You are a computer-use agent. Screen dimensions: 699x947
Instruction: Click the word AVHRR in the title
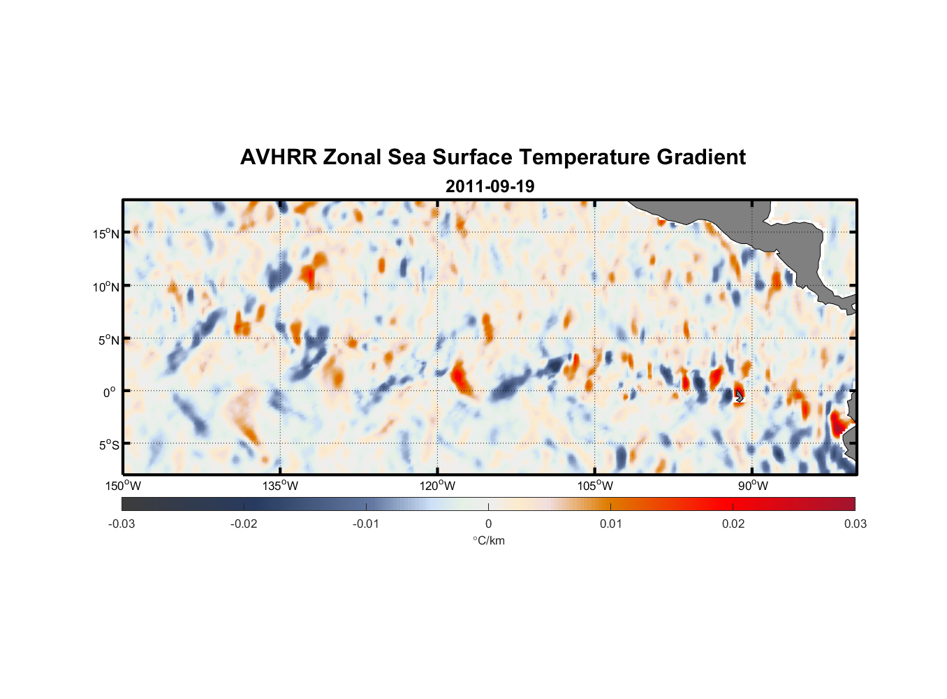click(x=278, y=157)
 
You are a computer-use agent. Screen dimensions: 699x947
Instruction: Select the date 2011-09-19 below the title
click(x=490, y=187)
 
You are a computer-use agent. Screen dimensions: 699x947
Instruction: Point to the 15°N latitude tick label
click(x=106, y=233)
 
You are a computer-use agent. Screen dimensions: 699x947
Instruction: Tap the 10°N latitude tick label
click(x=106, y=287)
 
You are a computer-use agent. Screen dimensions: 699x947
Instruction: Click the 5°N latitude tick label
click(x=108, y=340)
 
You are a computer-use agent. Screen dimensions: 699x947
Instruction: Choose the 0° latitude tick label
click(x=110, y=392)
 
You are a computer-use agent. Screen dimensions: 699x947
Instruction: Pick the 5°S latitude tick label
click(x=108, y=445)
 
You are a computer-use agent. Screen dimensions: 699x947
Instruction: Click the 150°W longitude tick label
click(x=124, y=486)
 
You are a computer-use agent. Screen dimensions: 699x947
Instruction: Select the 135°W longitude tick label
click(x=281, y=486)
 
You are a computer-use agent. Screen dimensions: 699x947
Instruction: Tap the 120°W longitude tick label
click(x=438, y=486)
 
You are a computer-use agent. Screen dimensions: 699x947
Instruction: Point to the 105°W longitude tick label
click(x=595, y=486)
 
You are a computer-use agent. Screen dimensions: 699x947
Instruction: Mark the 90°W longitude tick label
click(x=753, y=486)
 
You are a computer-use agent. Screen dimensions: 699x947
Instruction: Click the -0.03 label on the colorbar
click(x=122, y=524)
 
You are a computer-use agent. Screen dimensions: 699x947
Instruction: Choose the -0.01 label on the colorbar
click(x=366, y=524)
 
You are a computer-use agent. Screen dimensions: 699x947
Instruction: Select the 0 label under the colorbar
click(x=488, y=524)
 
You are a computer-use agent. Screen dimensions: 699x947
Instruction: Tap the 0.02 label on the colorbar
click(x=733, y=524)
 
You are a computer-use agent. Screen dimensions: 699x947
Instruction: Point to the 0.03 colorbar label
click(x=855, y=524)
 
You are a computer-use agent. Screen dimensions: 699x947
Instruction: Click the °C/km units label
click(x=488, y=540)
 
